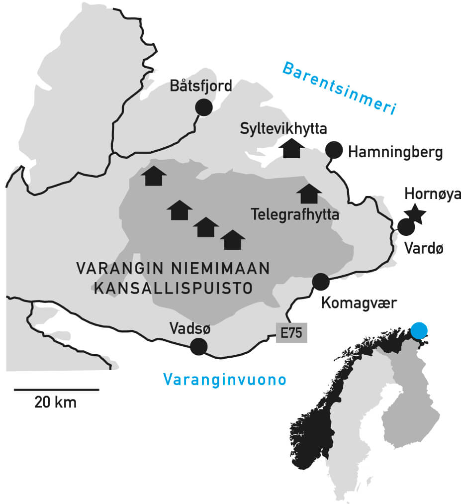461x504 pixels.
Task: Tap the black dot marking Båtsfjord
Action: point(204,107)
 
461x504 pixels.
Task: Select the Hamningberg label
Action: point(395,152)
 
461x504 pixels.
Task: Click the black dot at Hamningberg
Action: point(334,149)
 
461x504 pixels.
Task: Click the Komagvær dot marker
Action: point(320,282)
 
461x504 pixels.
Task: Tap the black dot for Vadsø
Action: point(199,346)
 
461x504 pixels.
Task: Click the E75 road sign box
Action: point(291,333)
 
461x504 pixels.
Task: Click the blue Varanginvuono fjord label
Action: point(225,380)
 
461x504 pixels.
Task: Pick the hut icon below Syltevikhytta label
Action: point(292,149)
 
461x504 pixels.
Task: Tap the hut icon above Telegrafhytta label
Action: point(309,194)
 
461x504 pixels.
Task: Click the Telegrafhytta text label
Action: point(295,215)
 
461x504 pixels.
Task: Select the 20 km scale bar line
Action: point(56,390)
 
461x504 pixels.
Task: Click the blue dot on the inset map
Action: point(420,330)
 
